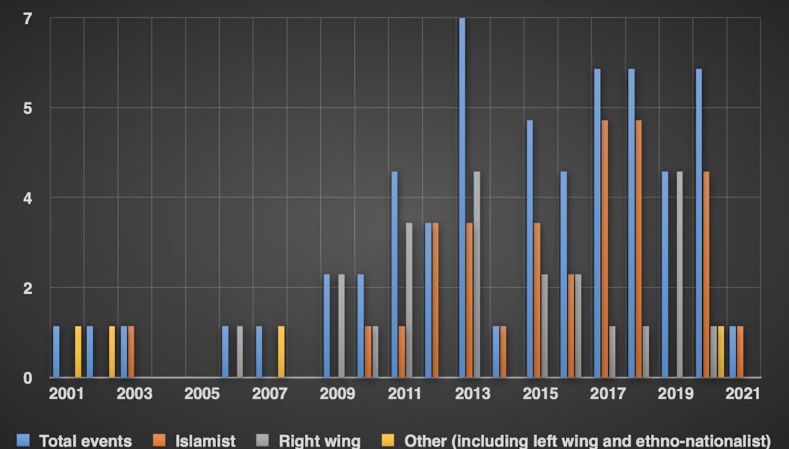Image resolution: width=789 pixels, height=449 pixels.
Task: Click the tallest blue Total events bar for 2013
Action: pos(462,197)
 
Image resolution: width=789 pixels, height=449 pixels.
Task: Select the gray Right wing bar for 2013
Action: pos(476,274)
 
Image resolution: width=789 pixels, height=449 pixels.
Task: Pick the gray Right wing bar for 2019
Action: pos(679,274)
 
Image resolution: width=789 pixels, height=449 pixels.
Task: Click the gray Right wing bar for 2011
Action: pos(409,300)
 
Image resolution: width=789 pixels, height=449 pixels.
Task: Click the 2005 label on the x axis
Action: pos(202,394)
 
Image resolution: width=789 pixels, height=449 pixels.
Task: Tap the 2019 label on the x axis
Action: pos(675,394)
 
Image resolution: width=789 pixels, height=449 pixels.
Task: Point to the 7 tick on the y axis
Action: pos(28,19)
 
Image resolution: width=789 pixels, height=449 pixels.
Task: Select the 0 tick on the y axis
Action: pos(28,377)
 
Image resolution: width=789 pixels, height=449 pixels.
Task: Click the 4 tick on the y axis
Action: pos(28,198)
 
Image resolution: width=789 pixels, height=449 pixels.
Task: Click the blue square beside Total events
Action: pos(23,440)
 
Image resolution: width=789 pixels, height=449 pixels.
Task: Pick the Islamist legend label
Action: pos(205,441)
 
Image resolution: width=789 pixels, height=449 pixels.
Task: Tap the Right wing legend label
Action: pos(319,441)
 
